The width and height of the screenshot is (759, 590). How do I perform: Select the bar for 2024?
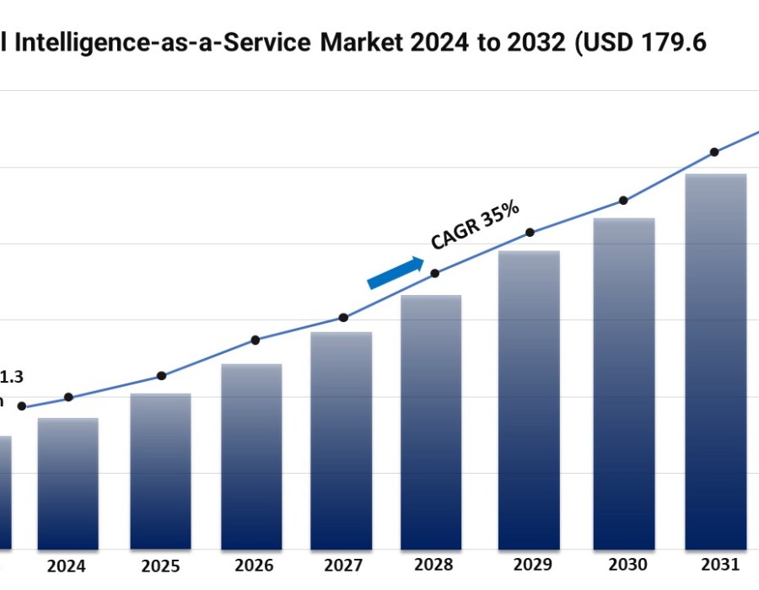(67, 484)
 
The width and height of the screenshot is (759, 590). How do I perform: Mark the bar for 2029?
(529, 400)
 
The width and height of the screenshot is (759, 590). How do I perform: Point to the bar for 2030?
(624, 383)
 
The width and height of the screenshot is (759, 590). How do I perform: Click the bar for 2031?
(715, 362)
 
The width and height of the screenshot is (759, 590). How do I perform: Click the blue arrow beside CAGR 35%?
(395, 273)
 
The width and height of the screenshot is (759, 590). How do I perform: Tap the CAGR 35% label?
(475, 226)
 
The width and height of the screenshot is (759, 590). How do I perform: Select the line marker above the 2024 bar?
(68, 397)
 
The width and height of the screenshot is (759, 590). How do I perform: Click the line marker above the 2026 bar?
(256, 341)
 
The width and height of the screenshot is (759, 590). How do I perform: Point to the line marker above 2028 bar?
(435, 273)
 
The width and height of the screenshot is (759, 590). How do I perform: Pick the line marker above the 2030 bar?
(623, 201)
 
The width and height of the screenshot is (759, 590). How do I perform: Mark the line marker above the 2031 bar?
(714, 153)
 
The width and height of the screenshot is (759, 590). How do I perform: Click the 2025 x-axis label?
(159, 566)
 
